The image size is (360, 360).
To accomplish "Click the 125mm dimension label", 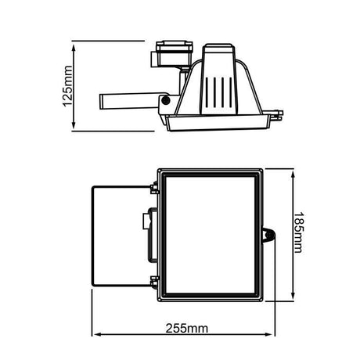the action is pos(67,86).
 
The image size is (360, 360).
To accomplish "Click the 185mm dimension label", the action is pos(298,232).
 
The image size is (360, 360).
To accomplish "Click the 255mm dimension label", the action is pos(187,329).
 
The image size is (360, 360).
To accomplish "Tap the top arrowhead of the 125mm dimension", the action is pos(74,48).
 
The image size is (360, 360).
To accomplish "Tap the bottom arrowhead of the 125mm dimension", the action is pos(74,125).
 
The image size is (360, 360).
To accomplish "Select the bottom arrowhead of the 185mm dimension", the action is pos(293,295).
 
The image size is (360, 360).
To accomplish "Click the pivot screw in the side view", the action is pos(166,100).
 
